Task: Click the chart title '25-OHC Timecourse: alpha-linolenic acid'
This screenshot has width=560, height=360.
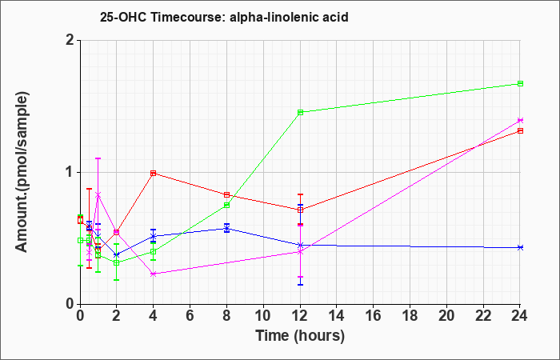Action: click(x=224, y=17)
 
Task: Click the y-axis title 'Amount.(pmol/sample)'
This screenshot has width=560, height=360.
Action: click(x=22, y=172)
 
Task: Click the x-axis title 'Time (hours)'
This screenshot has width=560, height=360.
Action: click(x=300, y=336)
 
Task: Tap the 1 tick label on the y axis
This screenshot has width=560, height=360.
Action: click(x=70, y=173)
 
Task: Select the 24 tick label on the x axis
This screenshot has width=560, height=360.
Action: click(x=520, y=315)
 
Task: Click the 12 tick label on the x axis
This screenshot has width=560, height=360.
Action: click(x=300, y=315)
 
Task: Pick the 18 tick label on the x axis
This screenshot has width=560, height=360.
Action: click(x=410, y=315)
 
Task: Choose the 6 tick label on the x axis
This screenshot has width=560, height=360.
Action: click(x=190, y=315)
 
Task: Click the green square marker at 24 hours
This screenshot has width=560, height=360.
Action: click(x=520, y=83)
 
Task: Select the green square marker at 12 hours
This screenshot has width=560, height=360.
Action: click(x=300, y=112)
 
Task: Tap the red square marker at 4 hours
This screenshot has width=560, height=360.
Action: click(x=154, y=174)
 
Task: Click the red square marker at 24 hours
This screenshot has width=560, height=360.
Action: click(x=520, y=130)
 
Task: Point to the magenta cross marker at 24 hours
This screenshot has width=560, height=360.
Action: click(x=520, y=120)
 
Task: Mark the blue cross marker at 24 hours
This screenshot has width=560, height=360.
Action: click(x=520, y=247)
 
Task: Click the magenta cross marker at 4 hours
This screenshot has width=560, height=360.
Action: click(x=154, y=274)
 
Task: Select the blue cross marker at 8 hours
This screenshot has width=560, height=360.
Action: click(x=226, y=229)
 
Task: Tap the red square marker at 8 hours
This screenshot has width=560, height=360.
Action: click(x=226, y=194)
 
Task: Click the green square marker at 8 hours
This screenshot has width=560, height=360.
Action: click(x=226, y=205)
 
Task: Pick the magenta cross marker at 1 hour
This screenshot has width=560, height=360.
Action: click(x=98, y=194)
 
